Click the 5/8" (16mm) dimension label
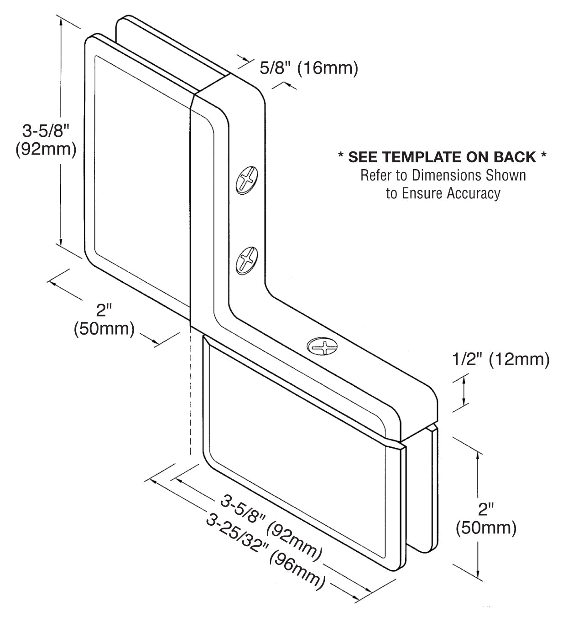[x=308, y=68]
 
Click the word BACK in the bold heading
[x=514, y=157]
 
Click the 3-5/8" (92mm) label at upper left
[x=46, y=140]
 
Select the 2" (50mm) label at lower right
[x=486, y=519]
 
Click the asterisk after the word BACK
[x=543, y=157]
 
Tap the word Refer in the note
[x=375, y=175]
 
